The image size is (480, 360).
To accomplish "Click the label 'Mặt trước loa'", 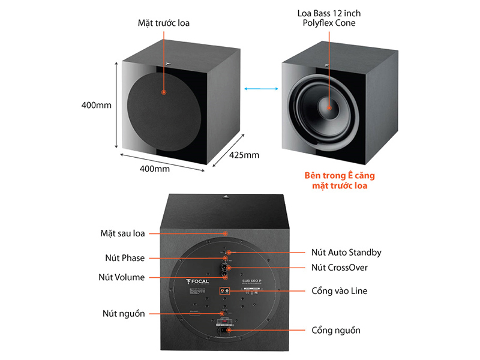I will pyautogui.click(x=163, y=25).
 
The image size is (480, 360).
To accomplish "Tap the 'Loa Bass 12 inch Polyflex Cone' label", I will pyautogui.click(x=329, y=19).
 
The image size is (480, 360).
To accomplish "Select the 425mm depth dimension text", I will pyautogui.click(x=244, y=155).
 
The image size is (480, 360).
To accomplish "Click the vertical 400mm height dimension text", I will pyautogui.click(x=97, y=106).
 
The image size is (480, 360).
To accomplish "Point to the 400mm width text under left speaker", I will pyautogui.click(x=155, y=169).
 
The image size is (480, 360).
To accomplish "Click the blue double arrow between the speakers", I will pyautogui.click(x=260, y=89).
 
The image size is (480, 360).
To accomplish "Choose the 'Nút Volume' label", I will pyautogui.click(x=121, y=277).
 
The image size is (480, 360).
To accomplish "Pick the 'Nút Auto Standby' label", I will pyautogui.click(x=346, y=253).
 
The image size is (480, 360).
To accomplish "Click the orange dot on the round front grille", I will pyautogui.click(x=163, y=93).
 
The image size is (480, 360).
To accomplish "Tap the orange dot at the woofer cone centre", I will pyautogui.click(x=329, y=107).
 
